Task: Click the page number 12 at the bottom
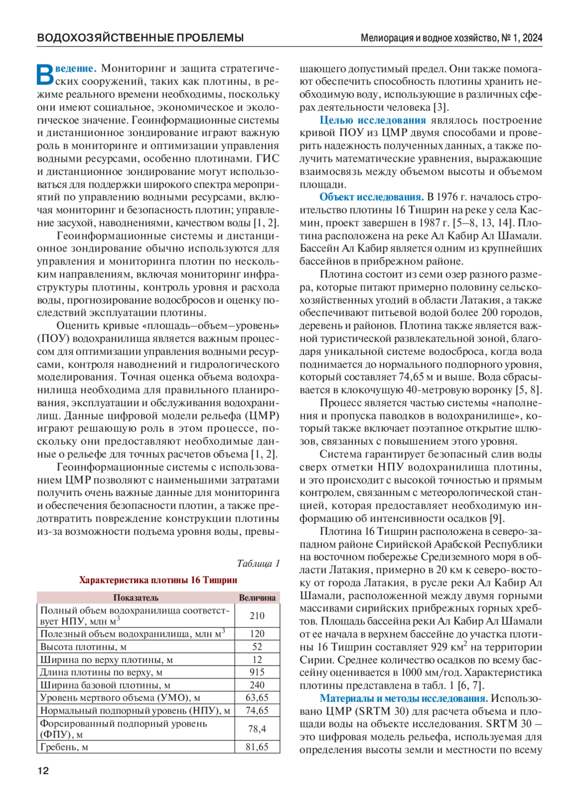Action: (x=43, y=771)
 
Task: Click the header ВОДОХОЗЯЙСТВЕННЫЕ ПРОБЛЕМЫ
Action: (x=140, y=38)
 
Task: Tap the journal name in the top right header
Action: (x=451, y=38)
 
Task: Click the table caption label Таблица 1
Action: (x=258, y=563)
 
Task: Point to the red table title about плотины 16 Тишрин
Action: (x=158, y=580)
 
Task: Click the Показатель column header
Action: (x=136, y=598)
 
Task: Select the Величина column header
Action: (x=257, y=598)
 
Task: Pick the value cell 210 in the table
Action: (x=257, y=615)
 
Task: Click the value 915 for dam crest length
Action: (x=257, y=672)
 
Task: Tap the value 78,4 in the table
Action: (x=257, y=729)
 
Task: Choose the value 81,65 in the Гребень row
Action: (x=257, y=747)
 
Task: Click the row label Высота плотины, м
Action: (x=83, y=647)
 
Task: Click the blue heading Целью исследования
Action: (x=372, y=120)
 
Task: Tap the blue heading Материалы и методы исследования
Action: (x=404, y=699)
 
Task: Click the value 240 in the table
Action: (x=257, y=685)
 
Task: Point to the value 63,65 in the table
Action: (x=257, y=698)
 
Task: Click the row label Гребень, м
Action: (x=64, y=747)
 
